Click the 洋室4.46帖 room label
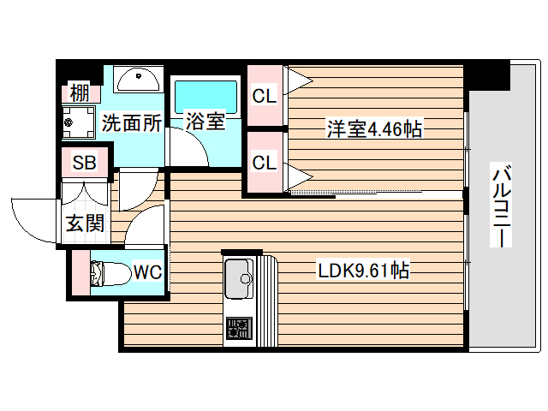pos(373,129)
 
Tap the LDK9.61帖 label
pos(363,271)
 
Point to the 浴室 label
pos(205,122)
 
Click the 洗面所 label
pos(132,122)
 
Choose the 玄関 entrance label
pos(86,223)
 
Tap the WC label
pos(147,273)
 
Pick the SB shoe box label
pos(84,163)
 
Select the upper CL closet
pos(265,96)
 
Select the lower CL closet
pos(265,161)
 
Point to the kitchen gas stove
pos(237,329)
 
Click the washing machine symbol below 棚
pos(80,121)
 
